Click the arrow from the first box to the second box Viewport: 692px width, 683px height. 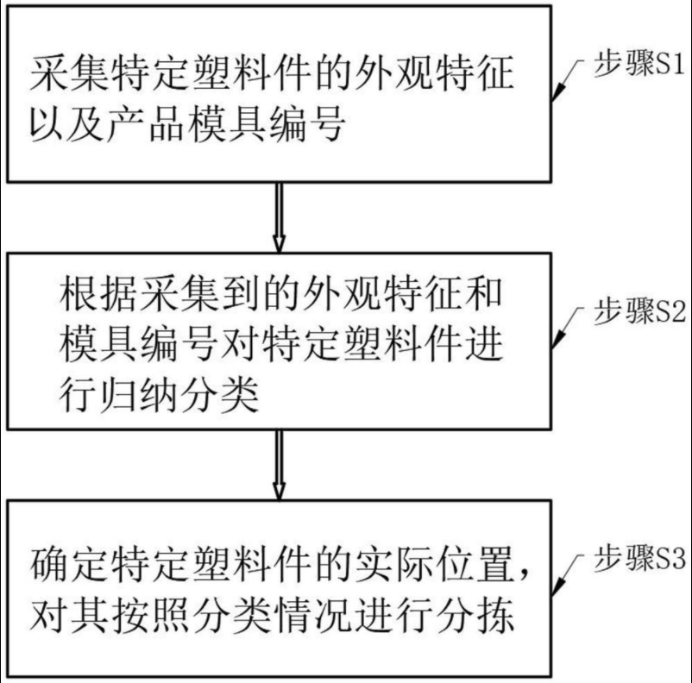[x=278, y=215]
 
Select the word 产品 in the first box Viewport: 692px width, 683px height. [x=139, y=126]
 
